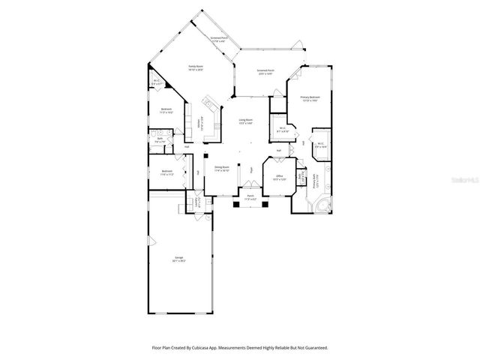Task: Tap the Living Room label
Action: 245,121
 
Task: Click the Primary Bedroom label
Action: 310,98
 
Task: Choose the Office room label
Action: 278,178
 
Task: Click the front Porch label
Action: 248,199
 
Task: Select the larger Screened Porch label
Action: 266,72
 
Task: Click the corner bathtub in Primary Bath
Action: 322,205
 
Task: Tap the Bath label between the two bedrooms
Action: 160,139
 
